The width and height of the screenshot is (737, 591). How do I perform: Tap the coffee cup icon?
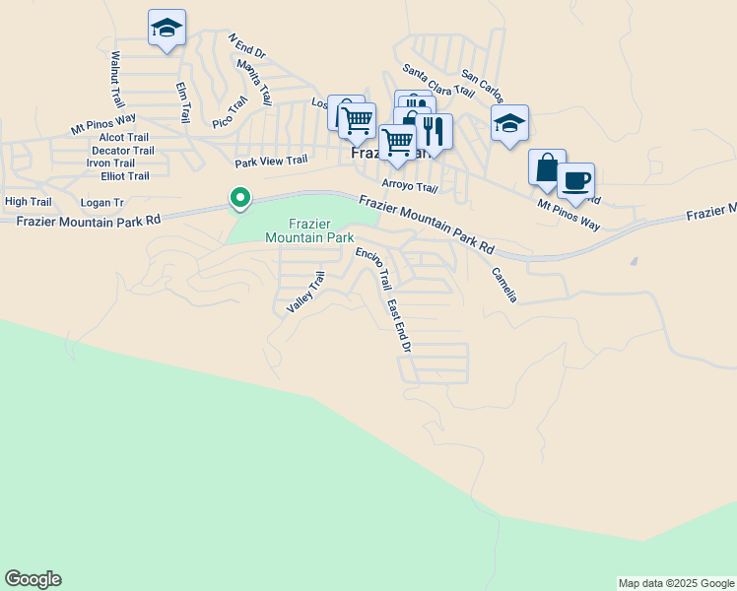[576, 180]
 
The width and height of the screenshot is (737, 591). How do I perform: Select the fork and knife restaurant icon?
[433, 131]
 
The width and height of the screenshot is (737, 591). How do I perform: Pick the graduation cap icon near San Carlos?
[509, 123]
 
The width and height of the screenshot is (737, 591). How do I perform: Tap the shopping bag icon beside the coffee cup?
[547, 167]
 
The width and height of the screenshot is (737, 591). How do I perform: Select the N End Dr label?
[247, 48]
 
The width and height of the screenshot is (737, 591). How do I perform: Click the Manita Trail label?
[254, 82]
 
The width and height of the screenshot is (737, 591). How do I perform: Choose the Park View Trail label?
[271, 161]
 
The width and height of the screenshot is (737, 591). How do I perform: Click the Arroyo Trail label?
[409, 186]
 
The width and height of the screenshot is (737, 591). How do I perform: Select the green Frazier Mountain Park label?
[309, 230]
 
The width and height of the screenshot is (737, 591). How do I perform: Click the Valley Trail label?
[304, 294]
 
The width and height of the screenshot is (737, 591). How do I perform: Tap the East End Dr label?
[398, 327]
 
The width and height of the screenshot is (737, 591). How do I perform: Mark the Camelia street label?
[503, 285]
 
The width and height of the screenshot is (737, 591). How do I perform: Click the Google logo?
[33, 579]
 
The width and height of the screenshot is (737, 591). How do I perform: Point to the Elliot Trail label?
[125, 176]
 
